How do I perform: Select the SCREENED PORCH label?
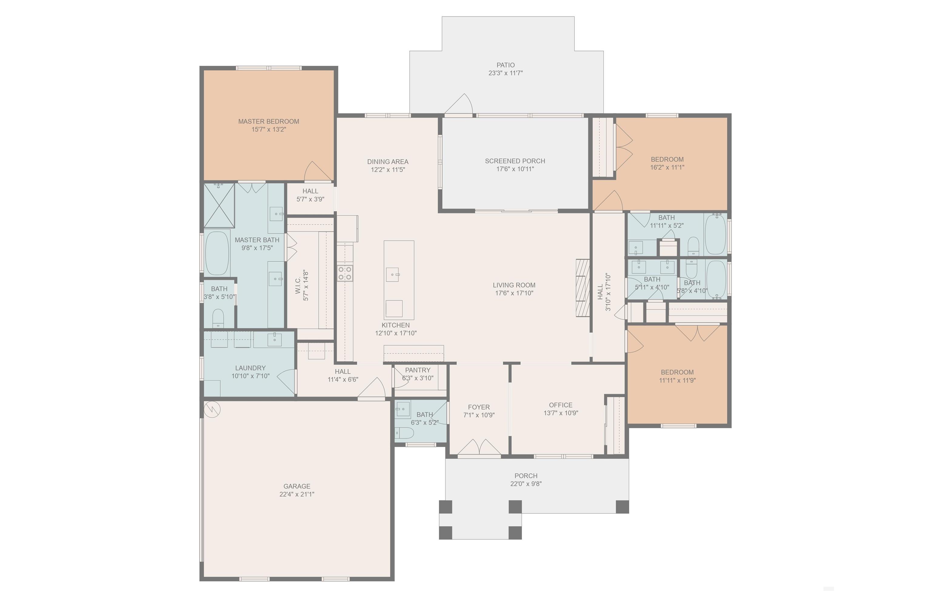pos(515,161)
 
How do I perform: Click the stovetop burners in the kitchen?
pos(345,273)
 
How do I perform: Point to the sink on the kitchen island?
pos(392,275)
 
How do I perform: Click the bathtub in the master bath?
pos(217,253)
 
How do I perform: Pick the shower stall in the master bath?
pos(219,205)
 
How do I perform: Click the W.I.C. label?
pos(298,285)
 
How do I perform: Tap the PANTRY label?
pos(418,370)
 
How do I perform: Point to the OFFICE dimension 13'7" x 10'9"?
pos(561,413)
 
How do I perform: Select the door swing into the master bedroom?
pos(318,171)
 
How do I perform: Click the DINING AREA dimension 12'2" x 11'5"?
pos(388,170)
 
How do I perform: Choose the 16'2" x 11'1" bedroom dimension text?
pos(667,167)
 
